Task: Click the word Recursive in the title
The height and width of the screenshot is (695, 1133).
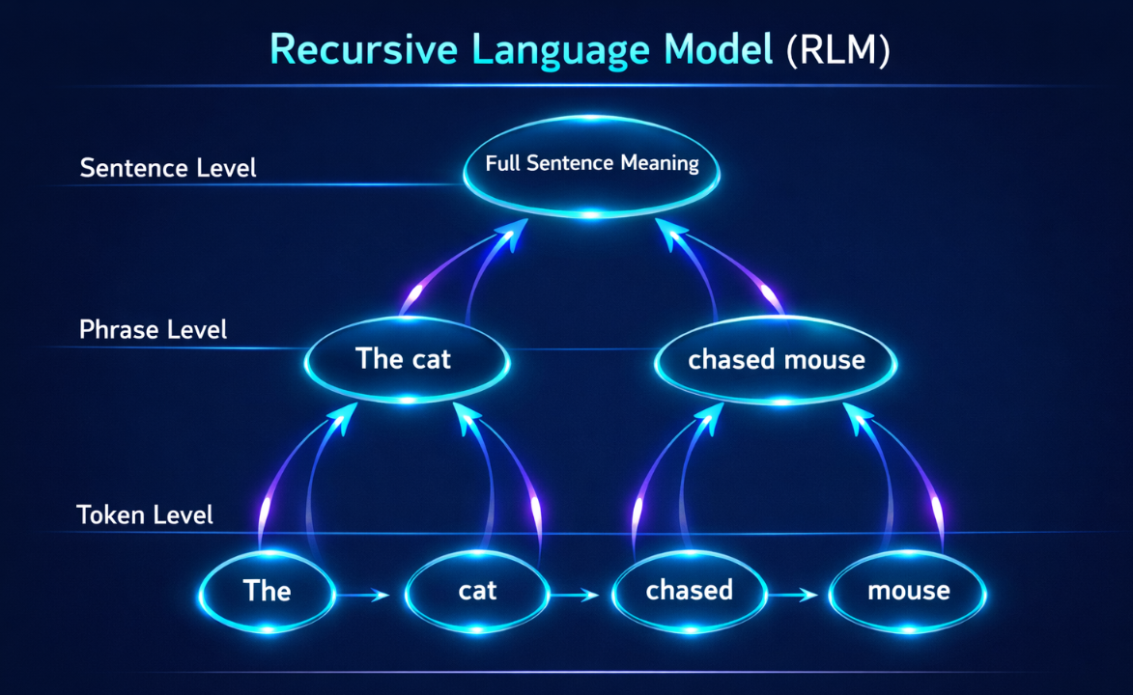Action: click(363, 50)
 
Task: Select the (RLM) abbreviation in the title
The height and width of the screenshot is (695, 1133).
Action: click(837, 50)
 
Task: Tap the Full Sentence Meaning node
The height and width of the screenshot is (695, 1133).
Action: click(591, 166)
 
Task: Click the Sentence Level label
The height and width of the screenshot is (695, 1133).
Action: click(168, 168)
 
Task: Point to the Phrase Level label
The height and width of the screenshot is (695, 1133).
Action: click(154, 330)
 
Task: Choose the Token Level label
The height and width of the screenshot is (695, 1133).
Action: click(145, 515)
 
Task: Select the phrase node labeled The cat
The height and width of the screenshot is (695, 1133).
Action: click(408, 360)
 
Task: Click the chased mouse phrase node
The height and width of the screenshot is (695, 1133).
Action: click(776, 360)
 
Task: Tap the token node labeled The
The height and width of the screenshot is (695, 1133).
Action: click(268, 592)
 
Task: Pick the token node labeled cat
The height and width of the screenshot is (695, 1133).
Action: click(477, 592)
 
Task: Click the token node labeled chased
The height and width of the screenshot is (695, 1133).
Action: click(690, 592)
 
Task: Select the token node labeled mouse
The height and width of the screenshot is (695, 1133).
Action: click(908, 592)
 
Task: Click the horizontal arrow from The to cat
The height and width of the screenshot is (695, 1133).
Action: click(363, 596)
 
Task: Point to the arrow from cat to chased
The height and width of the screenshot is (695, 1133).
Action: click(575, 596)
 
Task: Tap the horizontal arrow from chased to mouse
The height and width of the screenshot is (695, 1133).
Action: click(793, 596)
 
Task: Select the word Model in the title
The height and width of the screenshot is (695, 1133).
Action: click(719, 50)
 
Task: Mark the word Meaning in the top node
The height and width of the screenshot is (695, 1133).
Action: click(660, 164)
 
